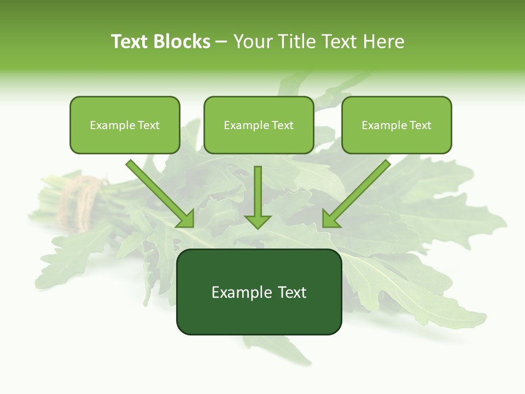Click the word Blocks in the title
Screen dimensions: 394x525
tap(182, 42)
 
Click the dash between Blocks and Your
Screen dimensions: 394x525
tap(221, 42)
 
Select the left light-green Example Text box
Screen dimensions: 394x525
tap(125, 125)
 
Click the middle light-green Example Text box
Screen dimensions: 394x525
tap(259, 125)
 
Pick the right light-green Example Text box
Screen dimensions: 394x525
tap(396, 125)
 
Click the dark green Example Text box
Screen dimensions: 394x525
tap(259, 292)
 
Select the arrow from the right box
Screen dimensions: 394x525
tap(358, 192)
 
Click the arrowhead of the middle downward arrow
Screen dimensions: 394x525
tap(258, 221)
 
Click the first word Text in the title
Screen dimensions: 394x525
tap(130, 42)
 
